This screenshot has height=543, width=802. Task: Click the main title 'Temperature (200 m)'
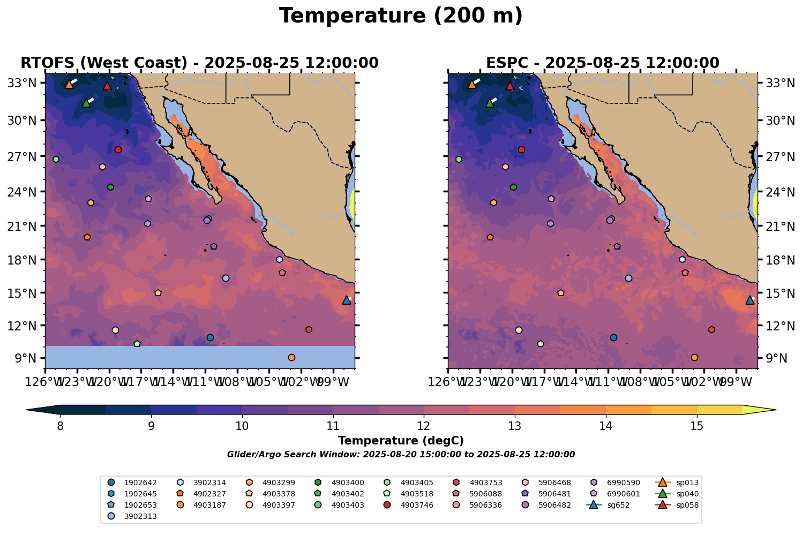pyautogui.click(x=401, y=16)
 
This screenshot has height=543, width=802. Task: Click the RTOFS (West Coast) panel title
pyautogui.click(x=199, y=63)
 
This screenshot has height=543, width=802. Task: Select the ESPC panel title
pyautogui.click(x=602, y=63)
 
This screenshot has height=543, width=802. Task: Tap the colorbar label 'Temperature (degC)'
pyautogui.click(x=401, y=441)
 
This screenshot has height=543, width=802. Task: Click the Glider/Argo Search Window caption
pyautogui.click(x=401, y=455)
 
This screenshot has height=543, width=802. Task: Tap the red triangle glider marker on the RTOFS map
pyautogui.click(x=107, y=86)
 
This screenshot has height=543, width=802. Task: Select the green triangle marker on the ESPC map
pyautogui.click(x=489, y=103)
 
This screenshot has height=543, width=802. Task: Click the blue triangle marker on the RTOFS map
pyautogui.click(x=347, y=300)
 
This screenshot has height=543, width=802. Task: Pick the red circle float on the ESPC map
pyautogui.click(x=521, y=150)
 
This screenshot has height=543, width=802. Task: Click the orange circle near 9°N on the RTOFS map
pyautogui.click(x=291, y=357)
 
